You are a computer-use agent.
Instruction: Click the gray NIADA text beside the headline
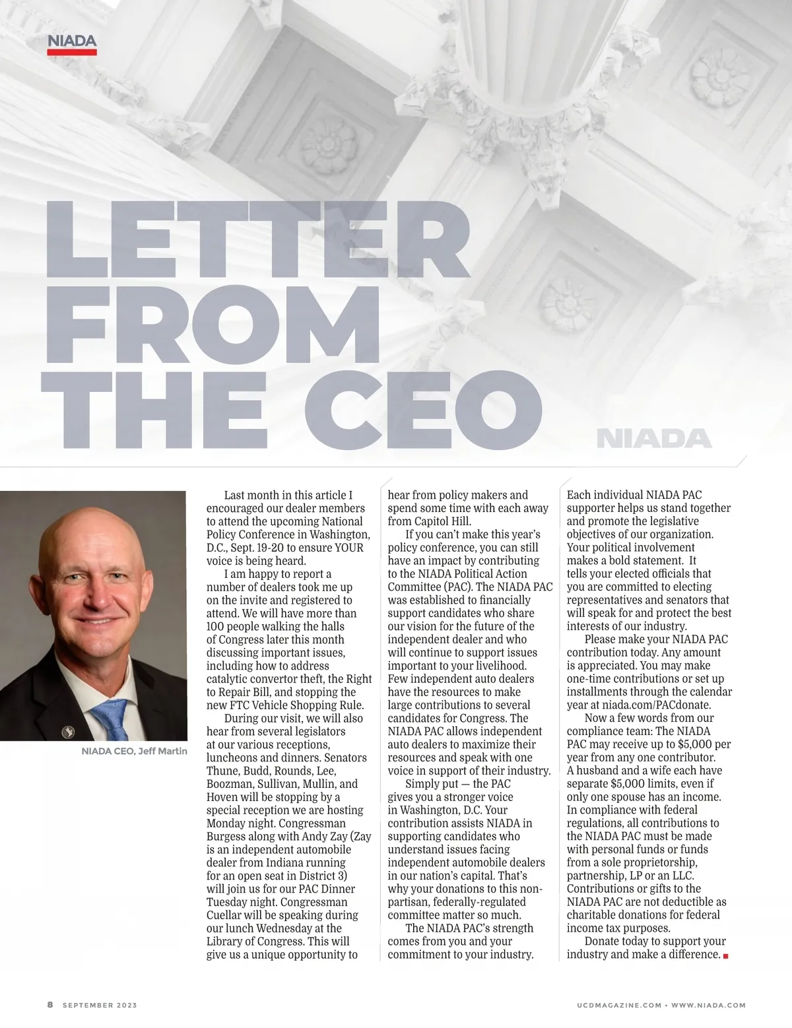click(653, 439)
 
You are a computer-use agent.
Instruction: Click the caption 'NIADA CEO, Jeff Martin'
click(134, 751)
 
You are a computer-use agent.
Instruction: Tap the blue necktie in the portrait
click(112, 719)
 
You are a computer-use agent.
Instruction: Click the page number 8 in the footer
click(50, 1005)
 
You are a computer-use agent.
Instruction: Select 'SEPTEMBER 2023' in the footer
click(100, 1005)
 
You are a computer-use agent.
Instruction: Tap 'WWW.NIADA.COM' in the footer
click(708, 1005)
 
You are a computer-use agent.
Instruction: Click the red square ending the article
click(725, 955)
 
